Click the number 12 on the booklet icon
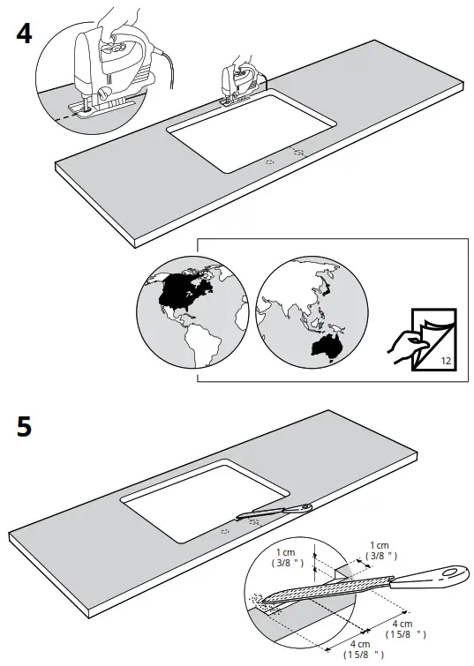point(444,360)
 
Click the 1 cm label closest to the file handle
point(380,550)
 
